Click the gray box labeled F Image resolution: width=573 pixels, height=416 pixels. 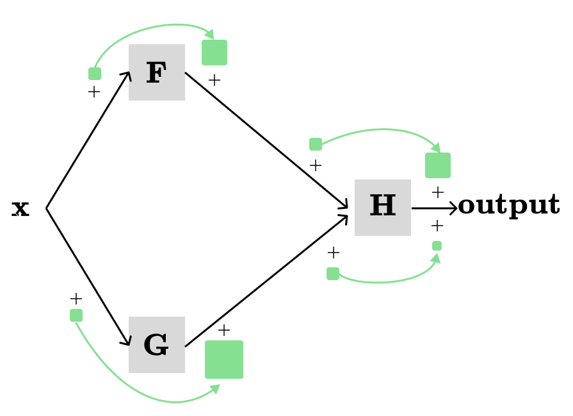point(157,72)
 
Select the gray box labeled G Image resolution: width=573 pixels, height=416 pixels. point(157,345)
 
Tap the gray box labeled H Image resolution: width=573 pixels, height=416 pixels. point(383,208)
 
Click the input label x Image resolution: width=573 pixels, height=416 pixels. point(20,208)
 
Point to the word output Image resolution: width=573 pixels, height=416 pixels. point(509,205)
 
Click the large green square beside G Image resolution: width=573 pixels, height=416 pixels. point(224,360)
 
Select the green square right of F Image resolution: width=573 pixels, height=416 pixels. point(214,53)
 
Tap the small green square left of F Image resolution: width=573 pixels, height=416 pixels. point(95,74)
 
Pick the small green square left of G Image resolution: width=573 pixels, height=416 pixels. point(76,315)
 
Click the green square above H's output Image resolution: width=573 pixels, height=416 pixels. point(438,165)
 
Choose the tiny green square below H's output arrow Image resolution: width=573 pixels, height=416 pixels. point(437,245)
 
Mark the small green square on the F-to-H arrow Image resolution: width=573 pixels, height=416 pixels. point(316,144)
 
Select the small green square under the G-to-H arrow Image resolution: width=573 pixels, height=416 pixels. point(333,274)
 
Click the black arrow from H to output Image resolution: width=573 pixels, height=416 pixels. point(434,208)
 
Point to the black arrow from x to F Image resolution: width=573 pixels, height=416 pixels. point(88,140)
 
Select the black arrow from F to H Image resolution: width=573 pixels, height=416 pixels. point(266,140)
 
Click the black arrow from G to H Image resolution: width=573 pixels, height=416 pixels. point(266,281)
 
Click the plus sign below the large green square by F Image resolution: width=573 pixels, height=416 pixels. point(214,80)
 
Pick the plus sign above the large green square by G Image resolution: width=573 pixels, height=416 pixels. point(224,330)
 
